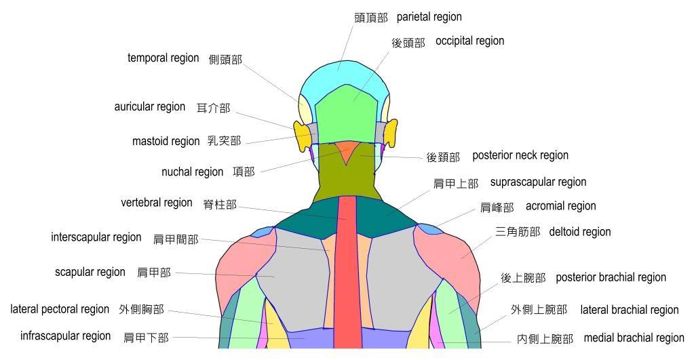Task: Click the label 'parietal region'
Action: (x=429, y=17)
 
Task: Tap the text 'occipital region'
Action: (x=469, y=41)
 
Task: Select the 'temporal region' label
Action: (x=163, y=58)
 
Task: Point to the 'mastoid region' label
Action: (x=166, y=142)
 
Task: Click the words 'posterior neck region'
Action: (x=520, y=156)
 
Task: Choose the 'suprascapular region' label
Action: (x=538, y=182)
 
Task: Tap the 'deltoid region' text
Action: (x=580, y=232)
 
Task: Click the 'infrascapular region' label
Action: (x=65, y=336)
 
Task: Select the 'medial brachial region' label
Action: (x=634, y=338)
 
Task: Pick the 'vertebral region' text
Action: (x=157, y=203)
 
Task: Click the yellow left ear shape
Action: (x=300, y=134)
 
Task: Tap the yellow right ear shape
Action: (x=391, y=132)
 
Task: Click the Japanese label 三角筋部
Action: (x=518, y=232)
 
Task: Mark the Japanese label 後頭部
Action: (x=408, y=43)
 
